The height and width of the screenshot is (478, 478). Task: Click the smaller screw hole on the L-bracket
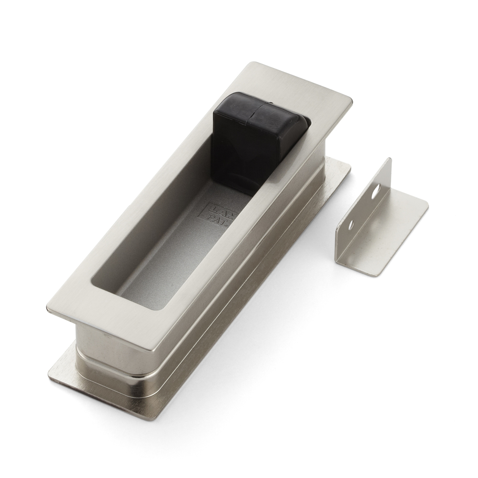(x=351, y=223)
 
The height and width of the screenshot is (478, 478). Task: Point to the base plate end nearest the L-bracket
(x=342, y=167)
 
